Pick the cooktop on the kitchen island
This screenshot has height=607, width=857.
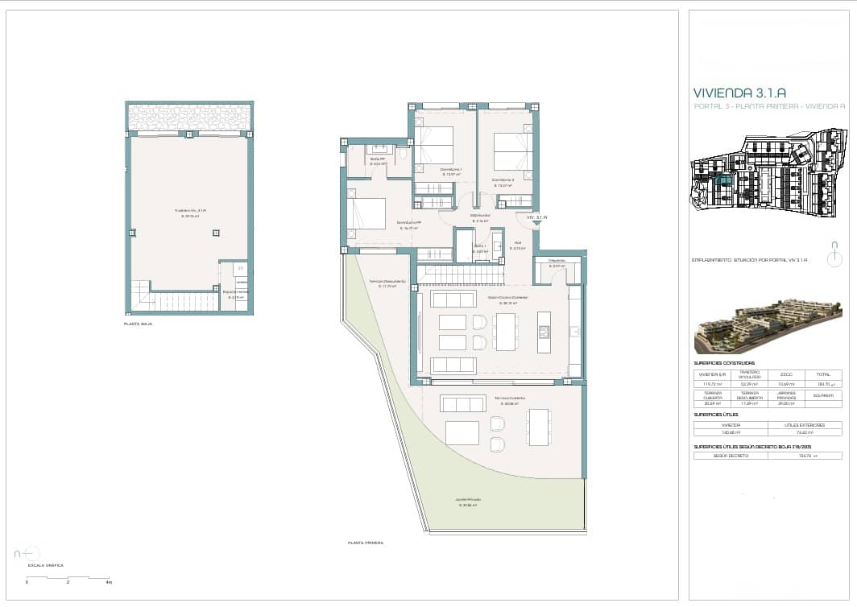coord(544,331)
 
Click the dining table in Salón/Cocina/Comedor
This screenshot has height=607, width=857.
coord(507,331)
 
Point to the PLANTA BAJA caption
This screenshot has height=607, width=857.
coord(138,324)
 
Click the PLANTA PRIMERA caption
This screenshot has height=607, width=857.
coord(365,543)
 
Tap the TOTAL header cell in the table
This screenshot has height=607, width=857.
coord(823,374)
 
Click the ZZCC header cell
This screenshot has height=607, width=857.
coord(786,374)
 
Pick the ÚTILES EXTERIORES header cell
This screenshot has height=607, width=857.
coord(805,424)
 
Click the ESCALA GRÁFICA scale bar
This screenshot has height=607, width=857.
coord(68,577)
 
